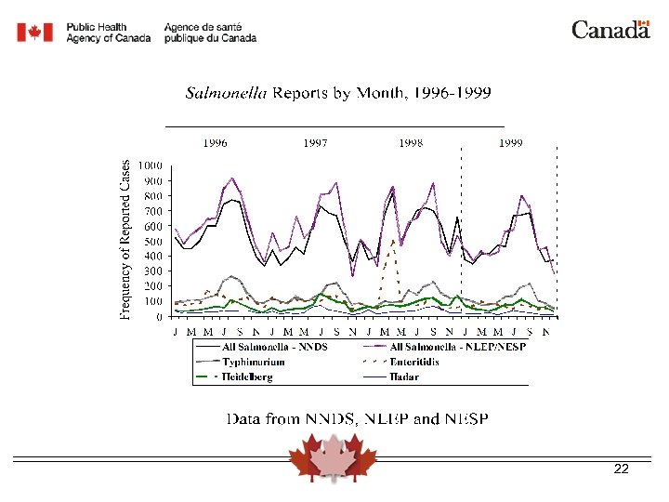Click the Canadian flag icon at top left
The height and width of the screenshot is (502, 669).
coord(35,33)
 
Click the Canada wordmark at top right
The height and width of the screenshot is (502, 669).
coord(610,30)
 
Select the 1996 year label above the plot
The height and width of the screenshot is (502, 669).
coord(216,143)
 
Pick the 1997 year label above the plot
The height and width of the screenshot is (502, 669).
coord(316,143)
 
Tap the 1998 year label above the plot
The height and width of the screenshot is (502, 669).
coord(412,143)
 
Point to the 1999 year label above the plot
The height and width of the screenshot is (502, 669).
coord(510,143)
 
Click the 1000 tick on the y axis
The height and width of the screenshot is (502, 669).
coord(151,165)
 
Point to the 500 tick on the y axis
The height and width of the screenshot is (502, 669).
coord(153,241)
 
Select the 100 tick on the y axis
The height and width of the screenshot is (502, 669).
coord(153,301)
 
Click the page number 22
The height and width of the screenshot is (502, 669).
coord(622,469)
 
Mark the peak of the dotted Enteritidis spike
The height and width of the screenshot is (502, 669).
coord(394,241)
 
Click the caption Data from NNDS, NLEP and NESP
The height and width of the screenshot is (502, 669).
coord(358,419)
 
